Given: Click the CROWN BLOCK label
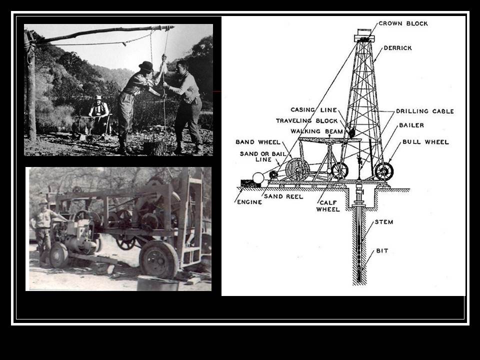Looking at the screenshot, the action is point(403,23).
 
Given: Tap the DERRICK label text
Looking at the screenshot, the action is point(397,48).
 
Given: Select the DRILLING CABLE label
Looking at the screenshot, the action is point(425,111).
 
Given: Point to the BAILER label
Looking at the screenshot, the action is point(411,125).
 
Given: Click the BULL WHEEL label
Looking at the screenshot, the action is point(425,142).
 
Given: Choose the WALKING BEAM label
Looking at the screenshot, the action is point(316,131).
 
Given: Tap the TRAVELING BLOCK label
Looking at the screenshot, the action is point(306,121).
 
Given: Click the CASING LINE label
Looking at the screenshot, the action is point(314,110).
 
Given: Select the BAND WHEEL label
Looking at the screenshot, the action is point(258,142).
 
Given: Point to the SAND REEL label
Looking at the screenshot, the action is point(283,196).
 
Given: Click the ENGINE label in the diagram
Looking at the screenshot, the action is point(249,202).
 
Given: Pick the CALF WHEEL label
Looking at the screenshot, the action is point(328,206).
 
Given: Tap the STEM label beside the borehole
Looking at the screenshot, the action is point(384,222).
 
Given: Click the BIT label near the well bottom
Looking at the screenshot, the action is point(382,251).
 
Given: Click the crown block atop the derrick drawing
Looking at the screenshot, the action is point(364,35).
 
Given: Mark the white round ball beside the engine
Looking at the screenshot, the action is point(258,178).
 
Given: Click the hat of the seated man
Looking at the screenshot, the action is point(98,97).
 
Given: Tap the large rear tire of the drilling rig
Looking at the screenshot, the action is point(158,259).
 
